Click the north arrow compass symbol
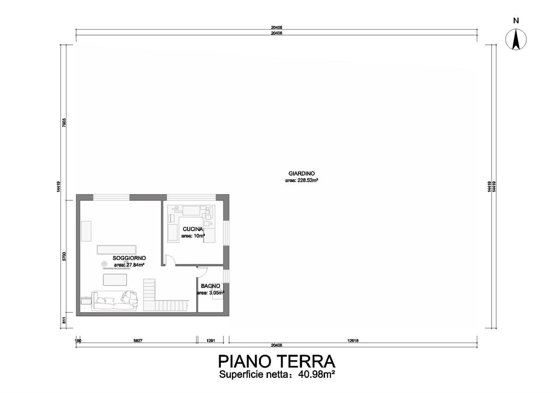(x=516, y=40)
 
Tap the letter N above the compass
(x=516, y=20)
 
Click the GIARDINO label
(x=301, y=173)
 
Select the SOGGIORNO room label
(x=129, y=258)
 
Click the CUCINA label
(x=193, y=229)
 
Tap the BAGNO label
(x=211, y=286)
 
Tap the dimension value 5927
(x=138, y=341)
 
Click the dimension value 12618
(x=353, y=341)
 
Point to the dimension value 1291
(x=211, y=341)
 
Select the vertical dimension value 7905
(x=64, y=123)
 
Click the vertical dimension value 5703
(x=64, y=256)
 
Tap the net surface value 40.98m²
(x=317, y=375)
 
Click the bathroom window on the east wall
(x=226, y=276)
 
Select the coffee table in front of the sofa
(x=115, y=280)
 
